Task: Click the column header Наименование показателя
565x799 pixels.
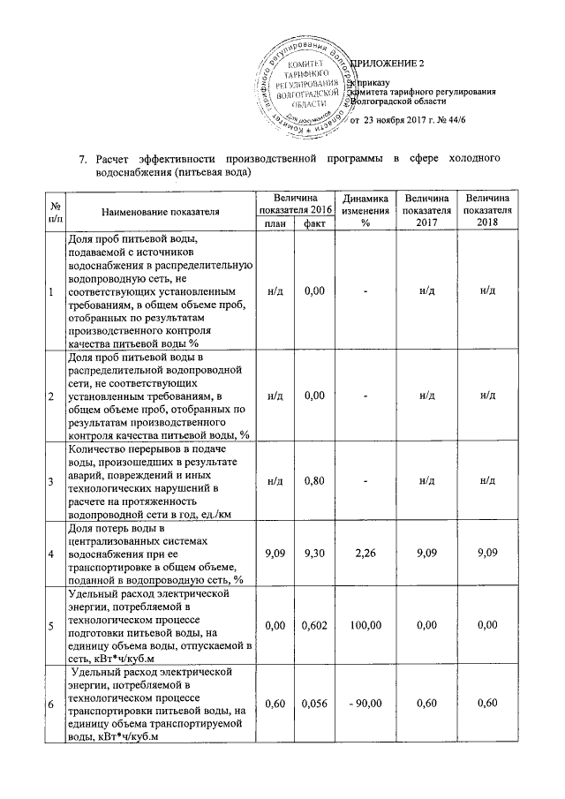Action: pos(159,213)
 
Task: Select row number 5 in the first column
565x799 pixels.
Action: pos(50,626)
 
